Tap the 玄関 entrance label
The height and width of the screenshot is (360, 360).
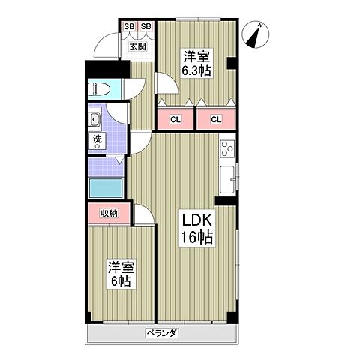[x=137, y=46]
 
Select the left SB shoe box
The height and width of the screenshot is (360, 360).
[x=128, y=28]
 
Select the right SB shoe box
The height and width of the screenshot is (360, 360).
[x=145, y=28]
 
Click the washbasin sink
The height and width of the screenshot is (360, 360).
[x=95, y=121]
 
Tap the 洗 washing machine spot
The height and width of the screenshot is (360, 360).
[x=97, y=140]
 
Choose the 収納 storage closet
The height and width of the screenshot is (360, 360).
[x=108, y=213]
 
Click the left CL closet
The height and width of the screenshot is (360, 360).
[x=175, y=118]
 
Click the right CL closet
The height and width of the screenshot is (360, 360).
[x=216, y=118]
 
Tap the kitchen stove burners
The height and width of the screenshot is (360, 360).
[x=227, y=148]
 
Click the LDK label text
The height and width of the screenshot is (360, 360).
[x=196, y=221]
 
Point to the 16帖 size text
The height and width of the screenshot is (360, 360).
[x=196, y=238]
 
